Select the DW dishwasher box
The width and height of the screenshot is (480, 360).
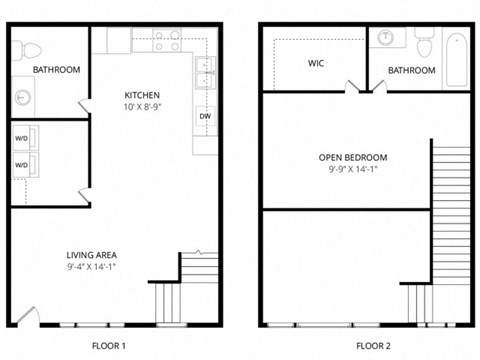pyautogui.click(x=204, y=116)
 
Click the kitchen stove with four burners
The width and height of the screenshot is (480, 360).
pyautogui.click(x=166, y=42)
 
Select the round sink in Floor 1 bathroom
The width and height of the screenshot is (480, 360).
pyautogui.click(x=23, y=97)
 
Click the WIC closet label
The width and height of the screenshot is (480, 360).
pyautogui.click(x=315, y=63)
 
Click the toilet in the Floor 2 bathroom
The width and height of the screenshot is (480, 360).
pyautogui.click(x=422, y=45)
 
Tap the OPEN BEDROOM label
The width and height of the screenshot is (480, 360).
pyautogui.click(x=352, y=157)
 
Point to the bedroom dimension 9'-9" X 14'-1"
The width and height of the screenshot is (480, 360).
pyautogui.click(x=352, y=170)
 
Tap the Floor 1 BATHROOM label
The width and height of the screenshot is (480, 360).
pyautogui.click(x=56, y=70)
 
